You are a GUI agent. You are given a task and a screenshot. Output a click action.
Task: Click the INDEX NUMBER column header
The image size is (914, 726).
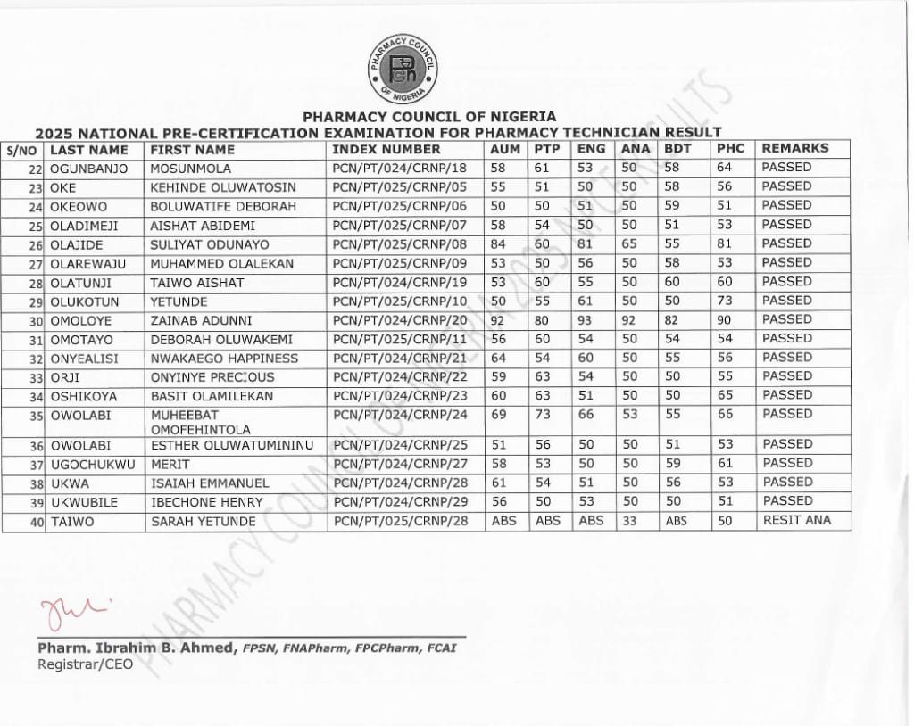[x=386, y=150]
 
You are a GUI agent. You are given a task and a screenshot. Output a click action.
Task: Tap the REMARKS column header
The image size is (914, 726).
[x=794, y=149]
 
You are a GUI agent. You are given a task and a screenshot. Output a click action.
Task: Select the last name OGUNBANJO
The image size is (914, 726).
[x=90, y=169]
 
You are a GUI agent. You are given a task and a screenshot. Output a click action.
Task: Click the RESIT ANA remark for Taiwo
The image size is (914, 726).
[x=796, y=521]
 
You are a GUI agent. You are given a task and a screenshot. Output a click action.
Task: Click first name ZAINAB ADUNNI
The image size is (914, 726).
[x=201, y=320]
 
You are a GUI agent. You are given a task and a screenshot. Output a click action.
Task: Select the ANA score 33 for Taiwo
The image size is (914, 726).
[x=629, y=522]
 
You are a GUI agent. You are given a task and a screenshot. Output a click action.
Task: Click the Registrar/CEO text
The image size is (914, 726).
[x=85, y=664]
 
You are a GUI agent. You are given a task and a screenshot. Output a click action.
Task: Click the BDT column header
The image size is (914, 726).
[x=678, y=149]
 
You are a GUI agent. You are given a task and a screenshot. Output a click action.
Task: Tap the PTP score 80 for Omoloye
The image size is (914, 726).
[x=543, y=320]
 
